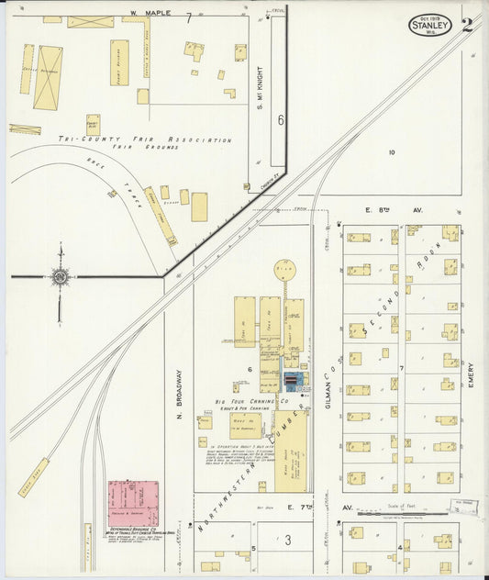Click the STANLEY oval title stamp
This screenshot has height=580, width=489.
click(429, 25)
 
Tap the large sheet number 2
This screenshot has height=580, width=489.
click(468, 24)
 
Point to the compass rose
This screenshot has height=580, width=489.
click(60, 276)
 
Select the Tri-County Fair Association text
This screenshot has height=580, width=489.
click(143, 139)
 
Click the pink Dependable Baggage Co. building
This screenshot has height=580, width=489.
click(133, 503)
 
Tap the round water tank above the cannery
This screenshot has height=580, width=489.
click(285, 271)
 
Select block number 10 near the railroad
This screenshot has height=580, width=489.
click(391, 152)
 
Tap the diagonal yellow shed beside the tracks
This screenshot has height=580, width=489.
click(33, 477)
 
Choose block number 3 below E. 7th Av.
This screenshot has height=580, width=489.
click(287, 541)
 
